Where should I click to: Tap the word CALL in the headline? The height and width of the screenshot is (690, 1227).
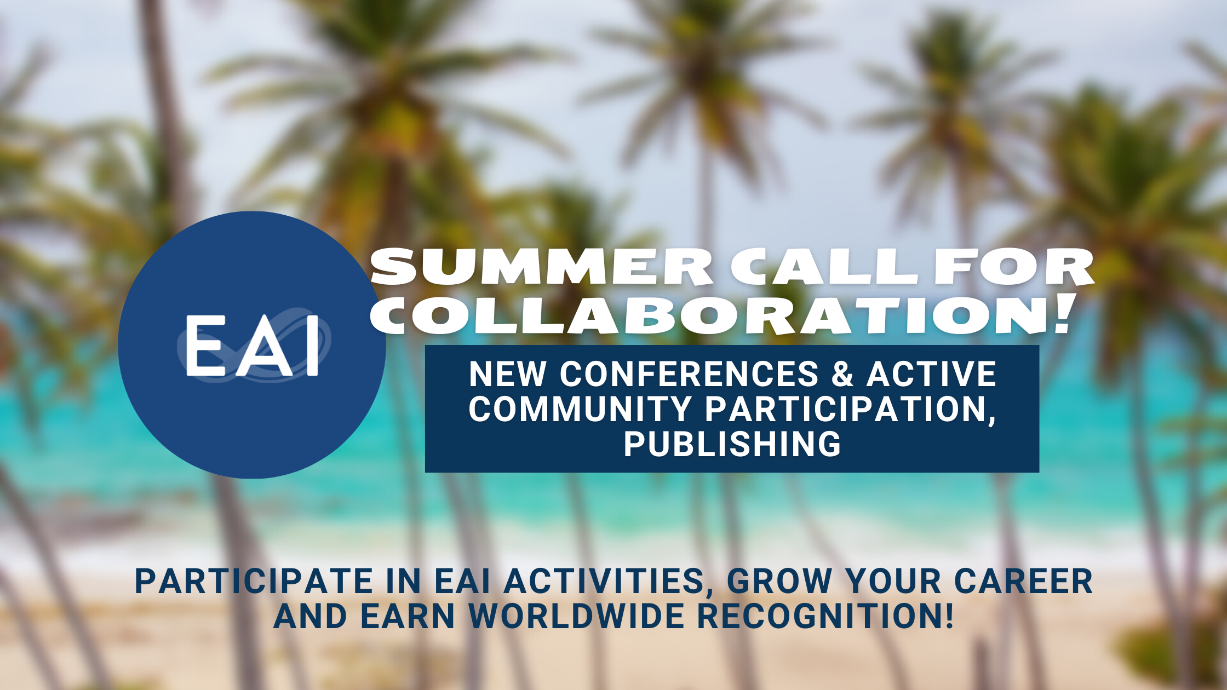tap(824, 267)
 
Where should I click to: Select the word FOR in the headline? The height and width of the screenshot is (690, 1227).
tap(1013, 267)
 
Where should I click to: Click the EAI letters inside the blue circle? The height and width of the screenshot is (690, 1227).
tap(252, 346)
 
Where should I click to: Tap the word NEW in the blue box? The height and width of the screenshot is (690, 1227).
tap(507, 375)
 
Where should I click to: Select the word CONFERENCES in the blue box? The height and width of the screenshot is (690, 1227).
tap(689, 375)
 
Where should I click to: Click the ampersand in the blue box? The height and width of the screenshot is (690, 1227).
tap(842, 375)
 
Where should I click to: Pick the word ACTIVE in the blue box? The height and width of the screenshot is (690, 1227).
tap(931, 375)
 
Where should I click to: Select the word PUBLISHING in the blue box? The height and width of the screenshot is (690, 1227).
tap(732, 444)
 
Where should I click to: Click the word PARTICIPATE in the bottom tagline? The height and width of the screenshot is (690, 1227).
tap(254, 581)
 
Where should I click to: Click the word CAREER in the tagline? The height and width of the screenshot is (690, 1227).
tap(1023, 581)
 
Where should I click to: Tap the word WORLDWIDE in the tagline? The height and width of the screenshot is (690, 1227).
tap(577, 616)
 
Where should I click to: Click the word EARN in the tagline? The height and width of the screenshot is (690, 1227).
tap(408, 616)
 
